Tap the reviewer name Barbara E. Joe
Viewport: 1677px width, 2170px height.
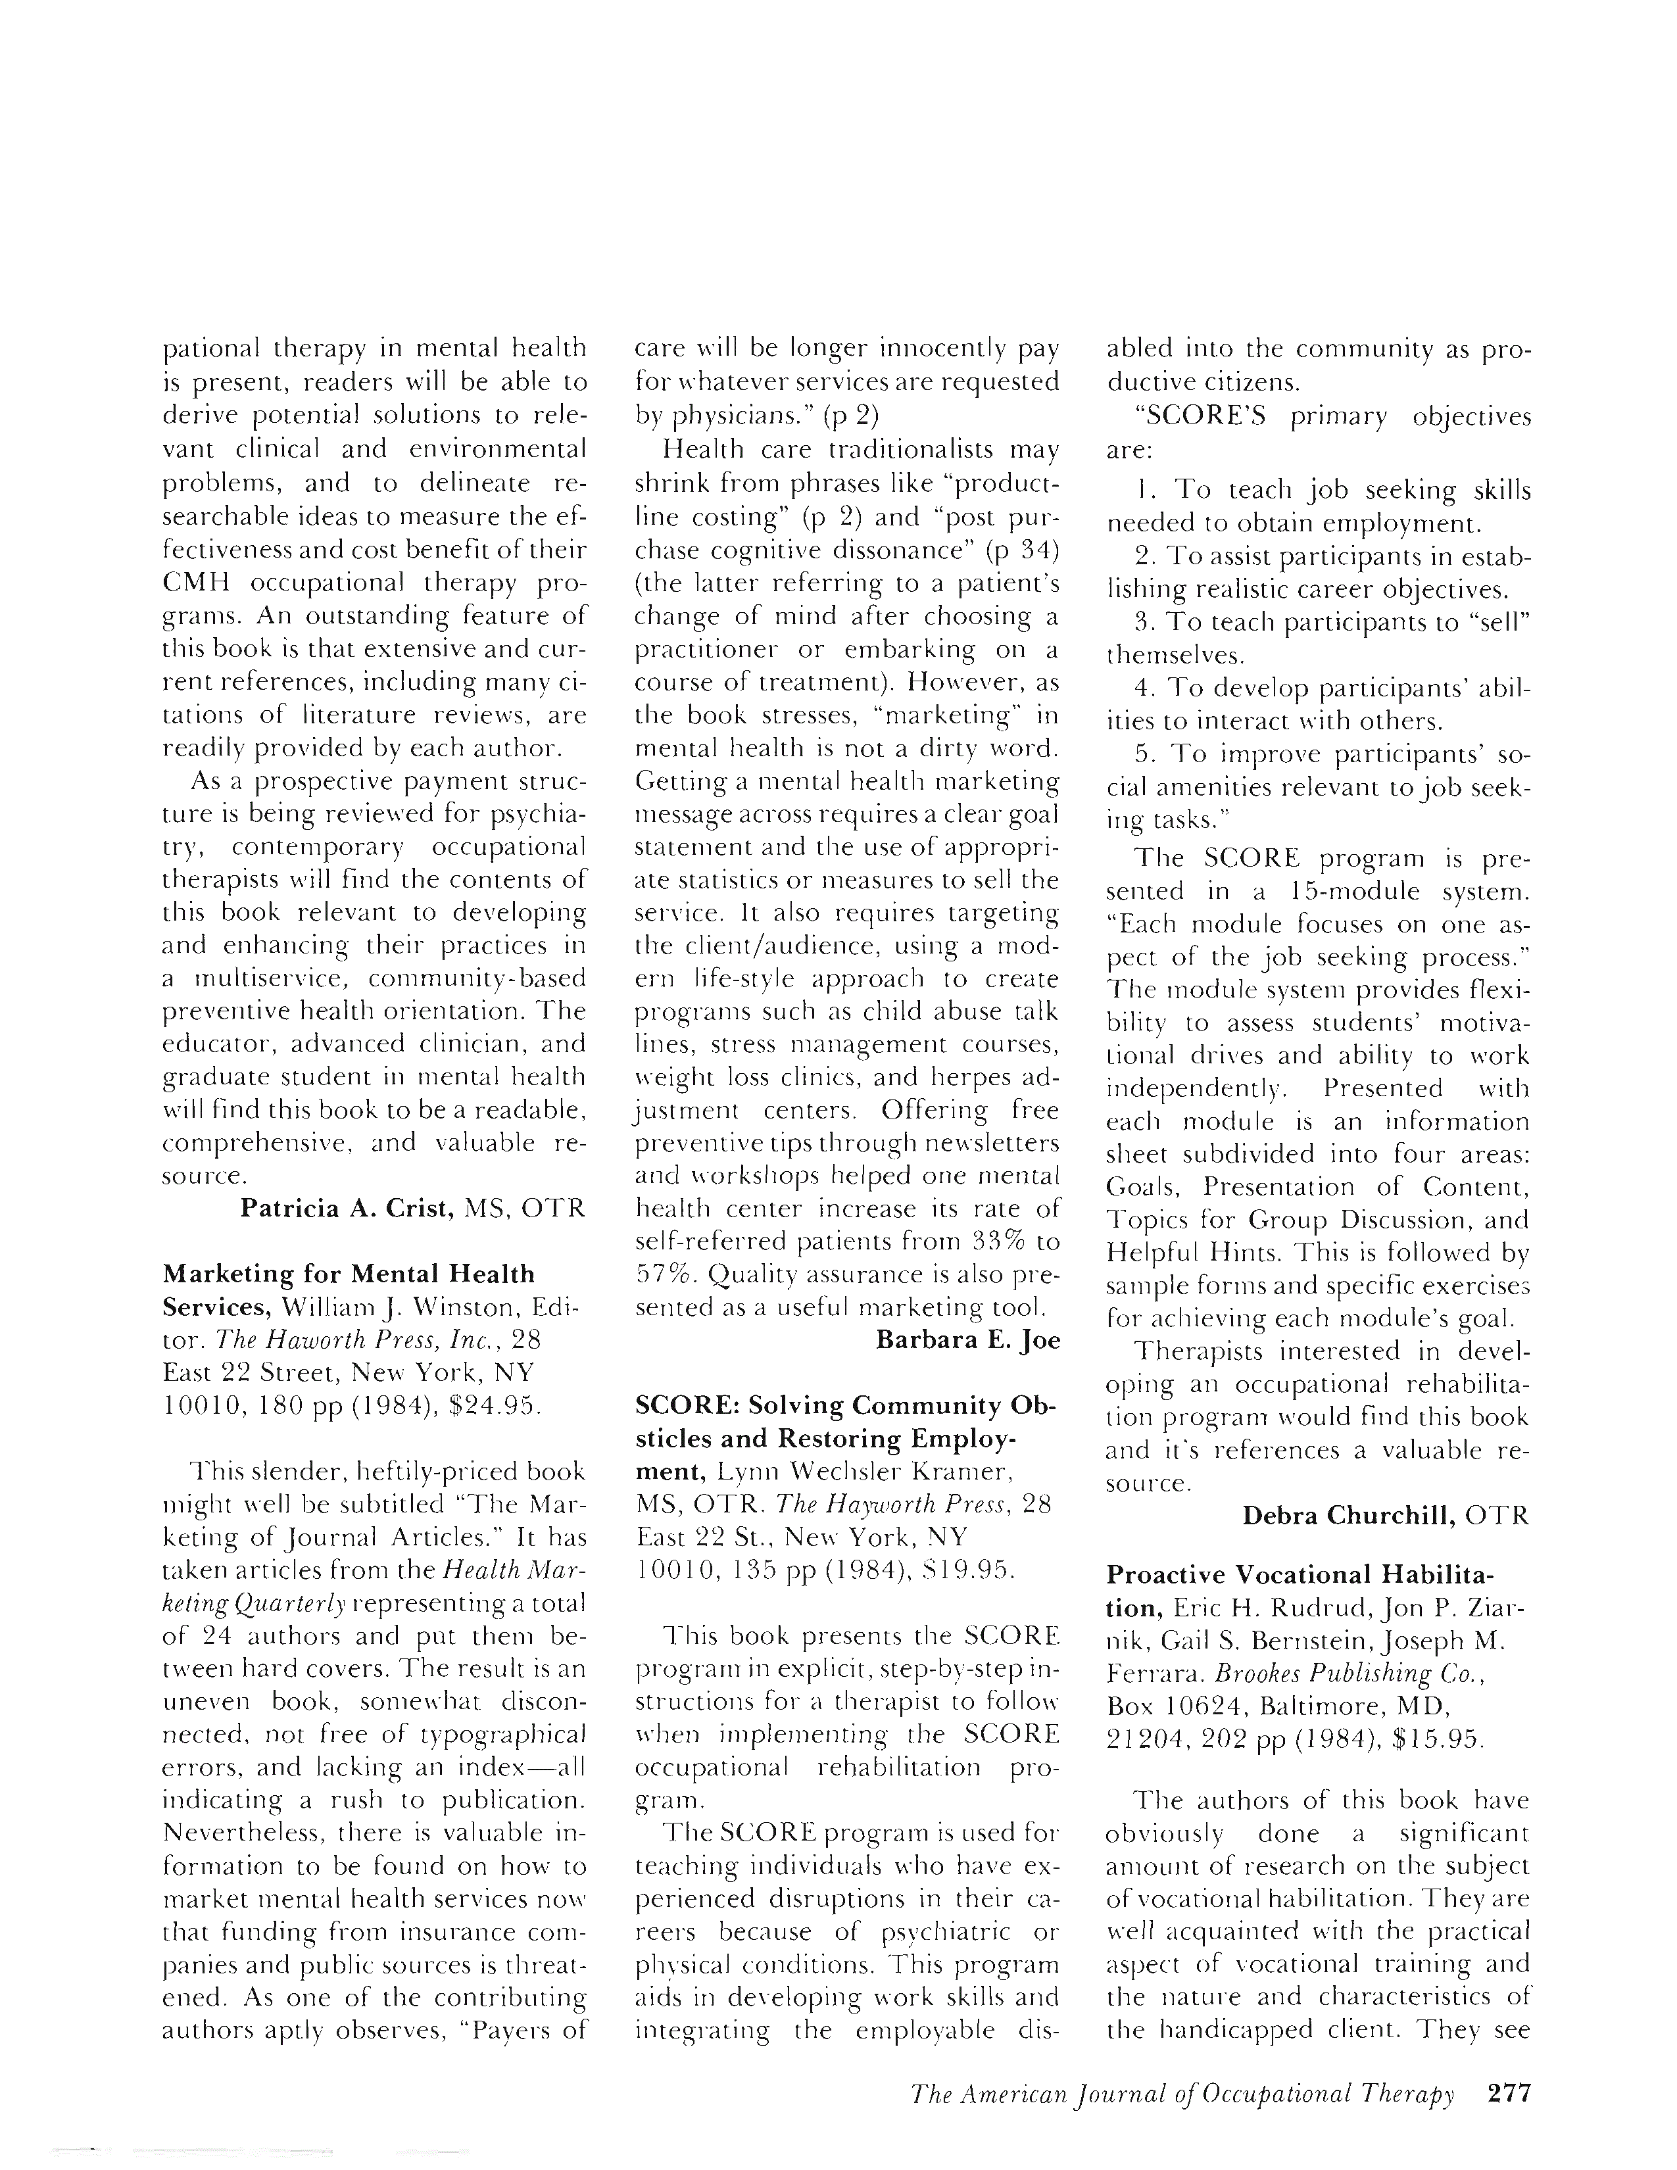pos(967,1339)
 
